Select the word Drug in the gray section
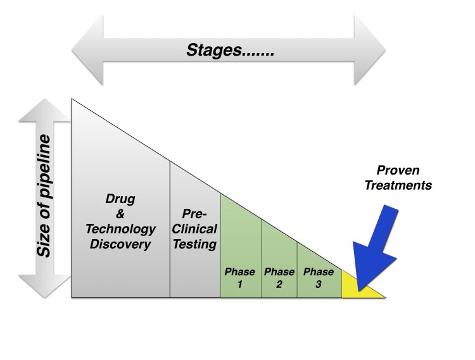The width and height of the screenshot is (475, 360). (121, 199)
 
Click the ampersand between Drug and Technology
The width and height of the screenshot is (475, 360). (121, 213)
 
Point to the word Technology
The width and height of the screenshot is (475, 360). (121, 228)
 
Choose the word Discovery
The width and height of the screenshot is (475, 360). (121, 244)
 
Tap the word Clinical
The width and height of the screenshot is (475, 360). (195, 228)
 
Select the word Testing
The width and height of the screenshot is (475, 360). (195, 244)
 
